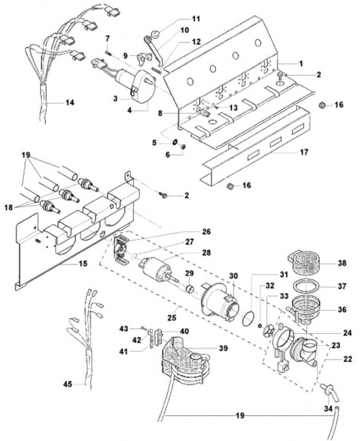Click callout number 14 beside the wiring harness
tap(70, 103)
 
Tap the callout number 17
tap(304, 152)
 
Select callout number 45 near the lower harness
tap(67, 384)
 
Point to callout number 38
tap(342, 263)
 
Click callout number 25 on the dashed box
tap(172, 318)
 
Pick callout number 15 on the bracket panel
tap(83, 264)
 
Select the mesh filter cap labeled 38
tap(302, 262)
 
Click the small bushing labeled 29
tap(190, 289)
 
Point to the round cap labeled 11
tap(155, 35)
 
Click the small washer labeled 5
tap(175, 142)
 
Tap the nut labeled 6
tap(182, 147)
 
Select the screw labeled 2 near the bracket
tap(164, 195)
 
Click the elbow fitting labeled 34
tap(329, 391)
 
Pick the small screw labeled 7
tap(108, 52)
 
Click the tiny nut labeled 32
tap(260, 326)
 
